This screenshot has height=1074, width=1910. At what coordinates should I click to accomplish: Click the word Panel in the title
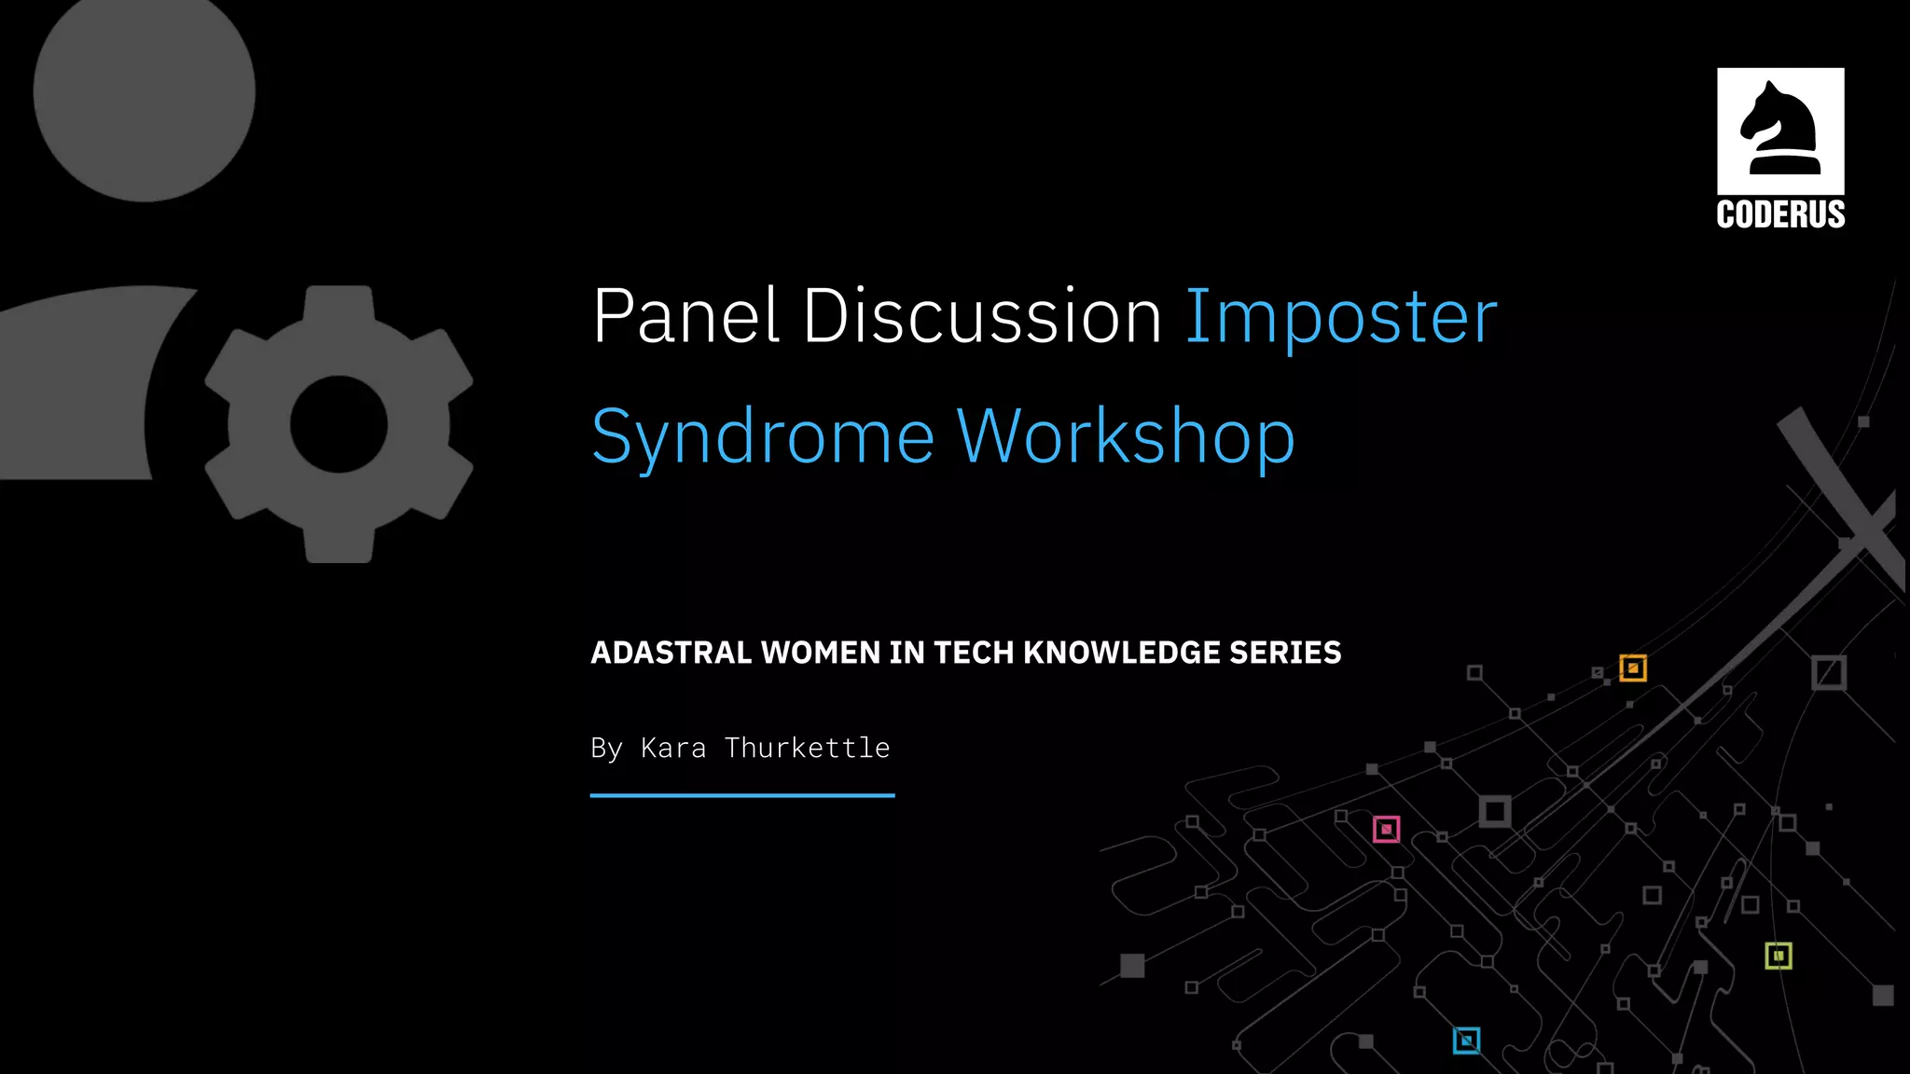point(685,317)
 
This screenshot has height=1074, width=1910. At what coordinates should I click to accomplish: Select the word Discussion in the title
point(982,317)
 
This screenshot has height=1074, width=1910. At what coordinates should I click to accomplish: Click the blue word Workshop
point(1126,436)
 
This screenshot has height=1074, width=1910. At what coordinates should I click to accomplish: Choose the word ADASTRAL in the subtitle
point(671,653)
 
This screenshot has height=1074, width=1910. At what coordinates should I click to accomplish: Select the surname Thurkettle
point(807,748)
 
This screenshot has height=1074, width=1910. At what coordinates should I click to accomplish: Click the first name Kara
point(673,748)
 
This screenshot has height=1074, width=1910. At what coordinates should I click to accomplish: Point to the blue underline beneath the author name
point(742,795)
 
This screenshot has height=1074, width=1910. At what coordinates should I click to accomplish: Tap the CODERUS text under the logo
point(1780,214)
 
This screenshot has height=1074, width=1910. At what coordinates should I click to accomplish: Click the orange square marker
point(1633,668)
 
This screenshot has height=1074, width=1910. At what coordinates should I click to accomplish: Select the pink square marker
point(1386,829)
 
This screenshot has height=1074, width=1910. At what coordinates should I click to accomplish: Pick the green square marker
point(1779,956)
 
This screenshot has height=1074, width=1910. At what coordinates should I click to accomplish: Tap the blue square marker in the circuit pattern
point(1466,1040)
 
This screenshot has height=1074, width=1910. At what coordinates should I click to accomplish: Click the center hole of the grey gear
point(339,424)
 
